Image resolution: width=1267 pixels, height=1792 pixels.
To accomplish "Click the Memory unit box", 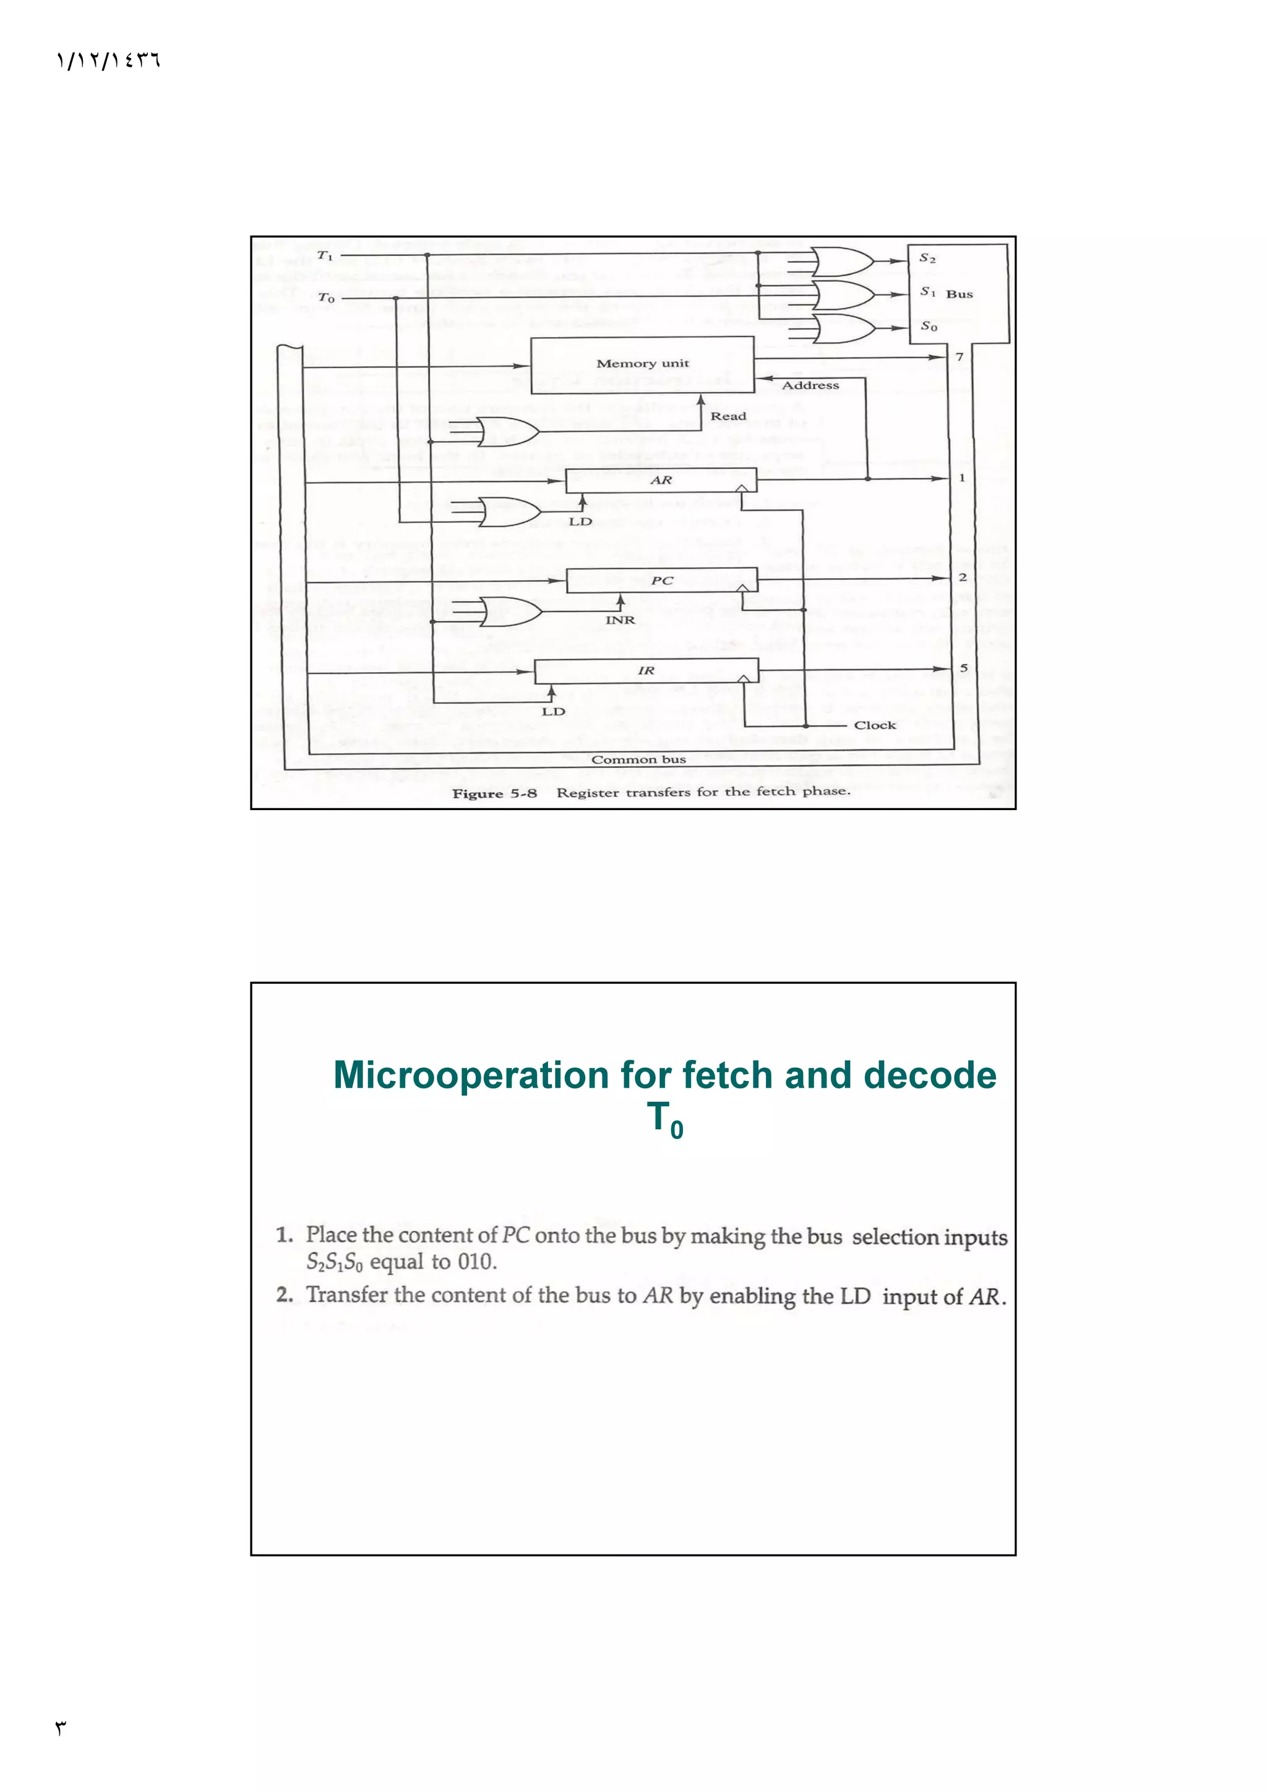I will (642, 364).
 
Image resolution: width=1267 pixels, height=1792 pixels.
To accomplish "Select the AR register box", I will (661, 480).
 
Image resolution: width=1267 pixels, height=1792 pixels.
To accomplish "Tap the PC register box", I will (661, 581).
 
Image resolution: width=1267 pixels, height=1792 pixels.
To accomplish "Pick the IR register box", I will (646, 670).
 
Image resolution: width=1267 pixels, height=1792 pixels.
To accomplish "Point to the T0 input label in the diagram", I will (326, 297).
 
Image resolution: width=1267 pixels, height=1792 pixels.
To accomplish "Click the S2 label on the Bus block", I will (927, 258).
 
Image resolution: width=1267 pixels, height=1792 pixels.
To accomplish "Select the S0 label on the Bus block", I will (928, 326).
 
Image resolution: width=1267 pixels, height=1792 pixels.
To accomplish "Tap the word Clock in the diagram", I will (874, 725).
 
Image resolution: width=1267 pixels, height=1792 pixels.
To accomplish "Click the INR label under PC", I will (620, 620).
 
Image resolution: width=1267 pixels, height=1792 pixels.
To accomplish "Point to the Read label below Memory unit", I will (728, 416).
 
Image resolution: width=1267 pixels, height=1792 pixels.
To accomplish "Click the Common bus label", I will (638, 759).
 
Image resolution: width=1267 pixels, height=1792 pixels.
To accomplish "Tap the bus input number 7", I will (960, 357).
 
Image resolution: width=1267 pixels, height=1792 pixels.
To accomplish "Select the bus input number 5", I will (963, 668).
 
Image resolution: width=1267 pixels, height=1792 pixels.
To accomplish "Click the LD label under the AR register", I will (580, 521).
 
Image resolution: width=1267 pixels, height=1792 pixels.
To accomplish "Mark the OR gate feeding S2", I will (841, 262).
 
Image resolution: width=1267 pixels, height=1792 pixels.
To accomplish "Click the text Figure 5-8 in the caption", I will (494, 794).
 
